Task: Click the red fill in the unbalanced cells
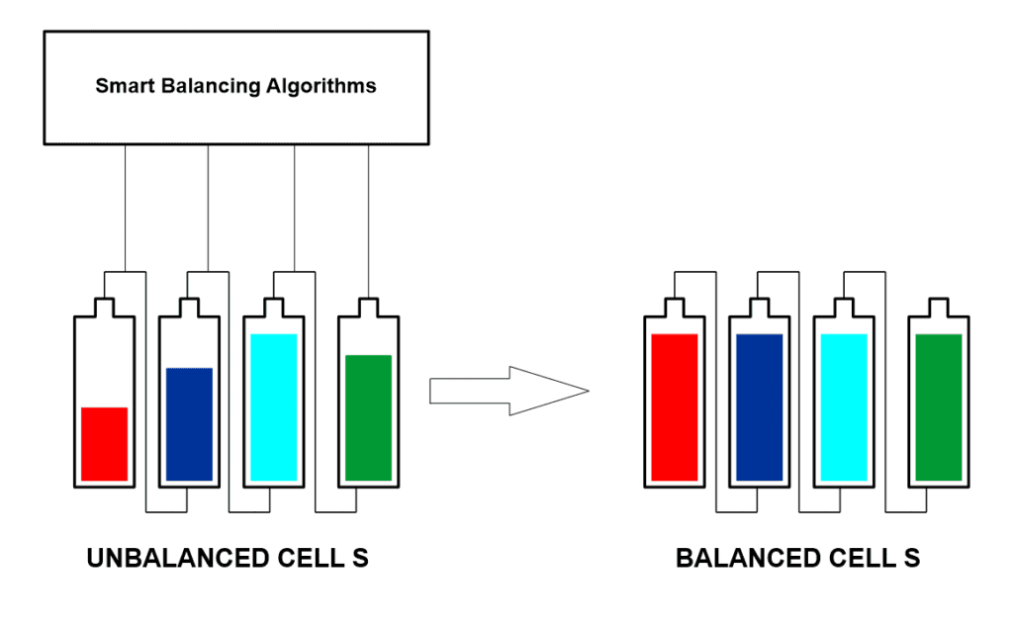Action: pos(104,444)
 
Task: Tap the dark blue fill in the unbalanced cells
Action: pos(189,424)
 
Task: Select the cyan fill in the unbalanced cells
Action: pos(274,407)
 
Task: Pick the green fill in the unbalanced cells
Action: pos(368,417)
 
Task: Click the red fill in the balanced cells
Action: pos(675,407)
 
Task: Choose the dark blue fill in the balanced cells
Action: pos(760,407)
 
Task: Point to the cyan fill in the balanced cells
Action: pos(844,407)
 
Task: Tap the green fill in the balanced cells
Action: pos(939,407)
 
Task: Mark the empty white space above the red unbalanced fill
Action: pos(104,366)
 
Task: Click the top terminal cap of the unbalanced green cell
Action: pos(368,307)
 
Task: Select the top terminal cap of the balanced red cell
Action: pos(675,307)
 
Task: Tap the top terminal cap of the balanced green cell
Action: pos(939,307)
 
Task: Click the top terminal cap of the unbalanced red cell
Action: pos(104,307)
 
